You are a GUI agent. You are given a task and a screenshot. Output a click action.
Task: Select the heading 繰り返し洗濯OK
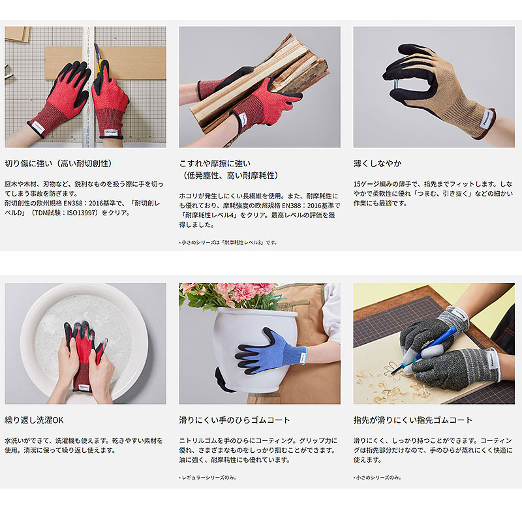tap(34, 420)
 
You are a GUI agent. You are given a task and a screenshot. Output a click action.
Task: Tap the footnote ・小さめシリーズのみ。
tap(378, 478)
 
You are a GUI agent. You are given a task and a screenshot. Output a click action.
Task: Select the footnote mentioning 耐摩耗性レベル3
tap(228, 242)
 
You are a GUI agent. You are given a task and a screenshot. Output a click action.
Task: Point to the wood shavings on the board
tap(385, 388)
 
